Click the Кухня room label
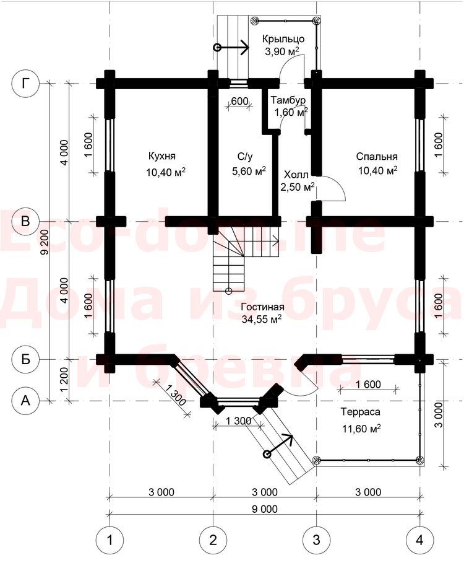click(x=161, y=156)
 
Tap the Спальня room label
click(x=377, y=156)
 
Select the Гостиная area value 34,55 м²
click(x=261, y=319)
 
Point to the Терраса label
click(x=360, y=411)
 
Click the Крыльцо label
click(x=283, y=38)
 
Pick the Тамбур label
click(x=288, y=100)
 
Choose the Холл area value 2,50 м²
click(x=298, y=186)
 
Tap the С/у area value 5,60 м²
click(x=249, y=170)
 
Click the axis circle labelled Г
click(x=25, y=83)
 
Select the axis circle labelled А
click(x=25, y=400)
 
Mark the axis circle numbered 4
click(x=419, y=539)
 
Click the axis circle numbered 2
click(x=213, y=539)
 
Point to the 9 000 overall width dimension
click(x=265, y=508)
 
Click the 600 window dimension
click(x=239, y=101)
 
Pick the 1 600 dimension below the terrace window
click(x=368, y=385)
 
